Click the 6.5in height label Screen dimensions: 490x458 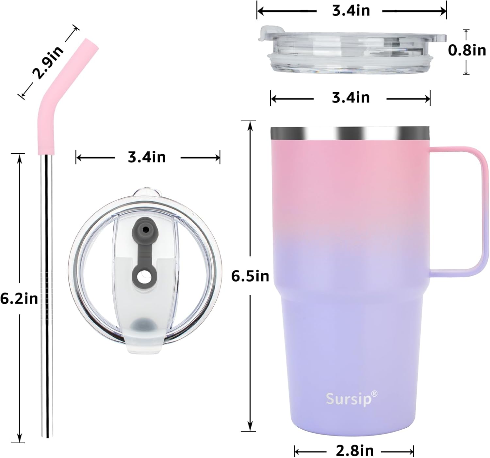[x=250, y=276]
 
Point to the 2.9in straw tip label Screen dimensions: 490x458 [x=48, y=63]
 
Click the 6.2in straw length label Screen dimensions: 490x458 [x=19, y=298]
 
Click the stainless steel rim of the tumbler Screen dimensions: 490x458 [x=350, y=133]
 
